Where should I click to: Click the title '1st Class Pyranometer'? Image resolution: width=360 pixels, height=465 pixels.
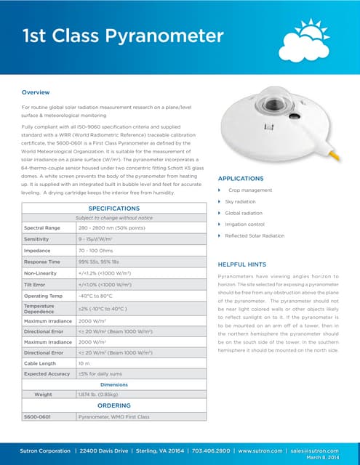123,36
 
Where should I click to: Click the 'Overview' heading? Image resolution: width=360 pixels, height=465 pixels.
36,92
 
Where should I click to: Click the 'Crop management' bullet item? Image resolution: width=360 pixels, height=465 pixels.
250,190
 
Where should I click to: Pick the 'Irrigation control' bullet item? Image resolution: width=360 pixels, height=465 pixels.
246,225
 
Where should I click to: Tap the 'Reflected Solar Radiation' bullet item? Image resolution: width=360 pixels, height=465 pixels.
255,236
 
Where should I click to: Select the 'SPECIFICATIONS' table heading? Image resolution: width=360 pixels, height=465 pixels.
113,208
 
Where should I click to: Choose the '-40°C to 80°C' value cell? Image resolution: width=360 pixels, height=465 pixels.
100,296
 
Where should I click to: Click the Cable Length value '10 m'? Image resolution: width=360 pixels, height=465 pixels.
84,363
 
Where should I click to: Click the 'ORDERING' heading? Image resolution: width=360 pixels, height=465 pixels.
113,405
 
